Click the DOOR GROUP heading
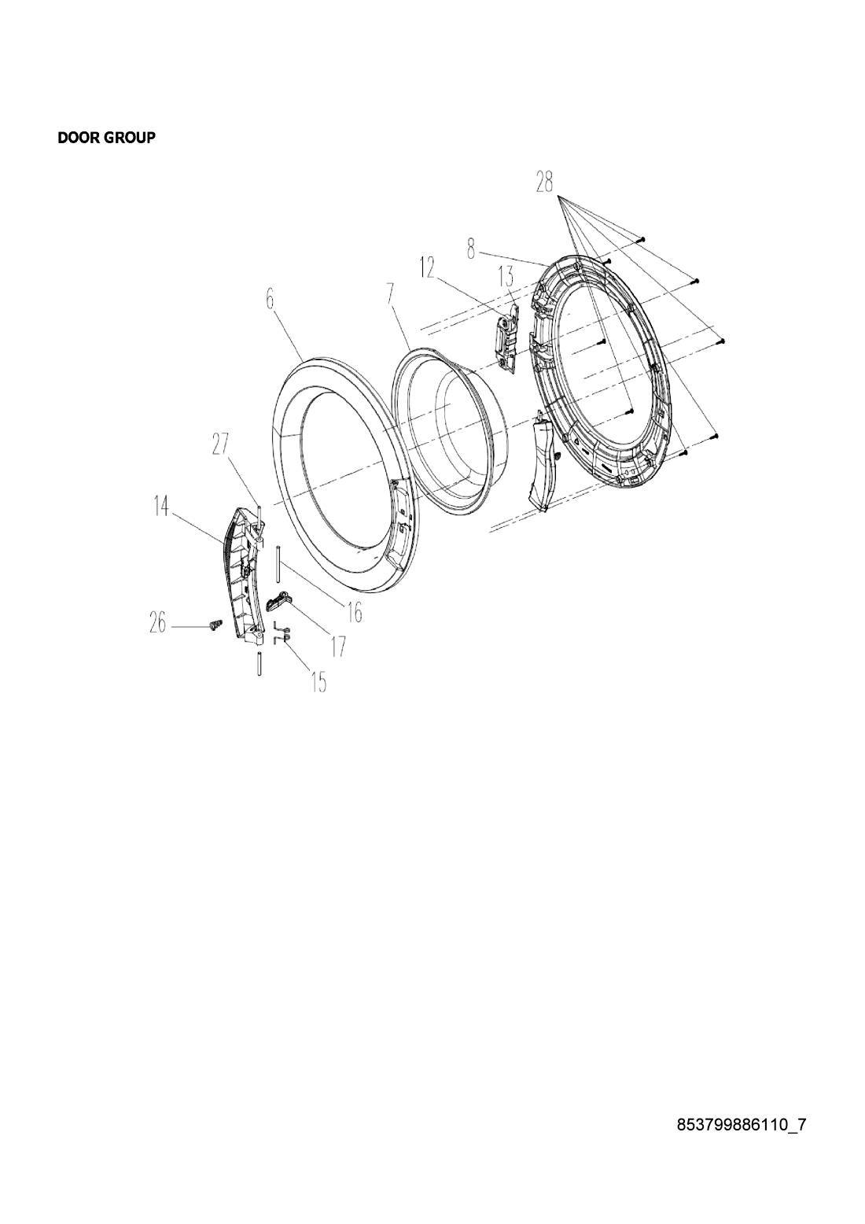coord(106,138)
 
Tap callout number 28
coord(544,182)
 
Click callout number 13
coord(506,276)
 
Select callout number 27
coord(221,444)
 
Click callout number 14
coord(161,507)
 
